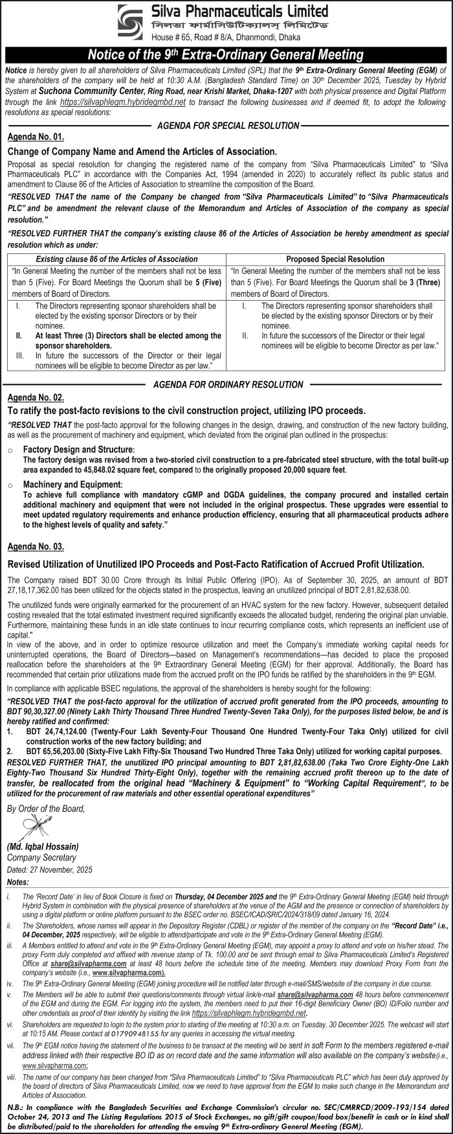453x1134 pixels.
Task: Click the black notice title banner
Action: point(226,55)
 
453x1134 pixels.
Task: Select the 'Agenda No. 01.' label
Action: point(36,137)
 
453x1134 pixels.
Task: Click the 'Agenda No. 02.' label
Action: point(36,397)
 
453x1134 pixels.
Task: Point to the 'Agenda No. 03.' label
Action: point(36,547)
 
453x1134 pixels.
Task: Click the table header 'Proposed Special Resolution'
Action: point(335,259)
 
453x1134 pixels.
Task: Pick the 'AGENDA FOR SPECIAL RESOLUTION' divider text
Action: point(226,125)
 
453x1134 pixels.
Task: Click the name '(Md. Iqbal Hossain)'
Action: point(43,847)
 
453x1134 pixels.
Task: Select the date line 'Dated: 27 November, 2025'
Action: point(50,869)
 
